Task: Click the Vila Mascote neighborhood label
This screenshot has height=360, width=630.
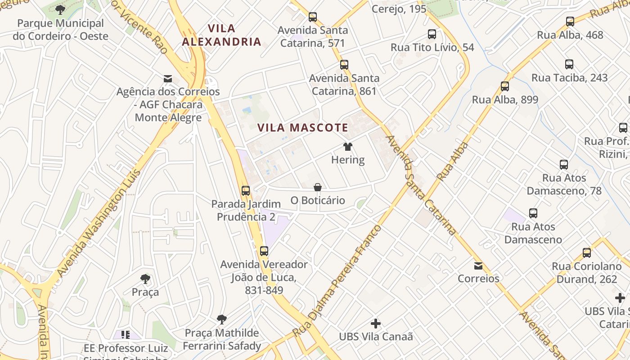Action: pos(303,128)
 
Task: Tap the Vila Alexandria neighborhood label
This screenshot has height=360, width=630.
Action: pos(221,35)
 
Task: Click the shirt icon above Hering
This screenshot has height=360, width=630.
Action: pos(348,146)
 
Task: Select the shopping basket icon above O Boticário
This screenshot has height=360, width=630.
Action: pos(318,187)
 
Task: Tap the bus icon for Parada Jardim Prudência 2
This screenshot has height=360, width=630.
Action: pos(245,190)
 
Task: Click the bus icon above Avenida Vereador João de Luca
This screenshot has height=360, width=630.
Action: pos(264,251)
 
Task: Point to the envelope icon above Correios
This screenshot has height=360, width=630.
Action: pos(478,266)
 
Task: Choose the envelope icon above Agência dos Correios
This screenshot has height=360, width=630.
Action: pos(168,79)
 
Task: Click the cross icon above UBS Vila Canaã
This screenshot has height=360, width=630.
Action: pos(376,323)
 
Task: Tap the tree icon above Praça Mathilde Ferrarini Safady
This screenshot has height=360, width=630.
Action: pos(221,319)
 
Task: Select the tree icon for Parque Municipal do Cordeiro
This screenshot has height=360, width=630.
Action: pos(60,9)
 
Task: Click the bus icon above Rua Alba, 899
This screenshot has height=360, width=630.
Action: pos(505,86)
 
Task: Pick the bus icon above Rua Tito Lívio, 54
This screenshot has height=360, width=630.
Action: pos(432,34)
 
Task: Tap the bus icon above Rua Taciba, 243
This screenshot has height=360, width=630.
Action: pos(569,64)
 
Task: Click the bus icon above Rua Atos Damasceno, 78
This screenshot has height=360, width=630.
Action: pos(564,164)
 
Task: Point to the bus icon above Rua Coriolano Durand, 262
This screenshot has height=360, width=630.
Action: pos(587,252)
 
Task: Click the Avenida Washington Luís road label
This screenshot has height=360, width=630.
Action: pos(99,223)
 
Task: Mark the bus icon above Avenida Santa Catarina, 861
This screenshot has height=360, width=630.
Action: pos(344,64)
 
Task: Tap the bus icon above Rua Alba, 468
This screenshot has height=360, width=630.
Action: pos(570,21)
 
